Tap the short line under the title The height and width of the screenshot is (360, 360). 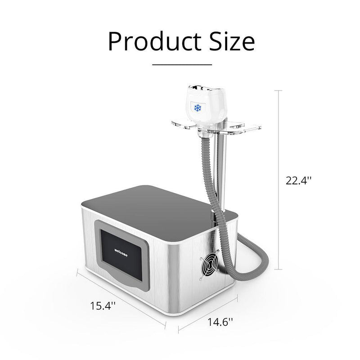point(182,65)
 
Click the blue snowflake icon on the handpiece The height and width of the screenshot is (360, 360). point(196,108)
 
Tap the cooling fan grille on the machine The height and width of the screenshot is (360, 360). point(207,268)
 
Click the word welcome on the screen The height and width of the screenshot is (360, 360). point(121,251)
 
